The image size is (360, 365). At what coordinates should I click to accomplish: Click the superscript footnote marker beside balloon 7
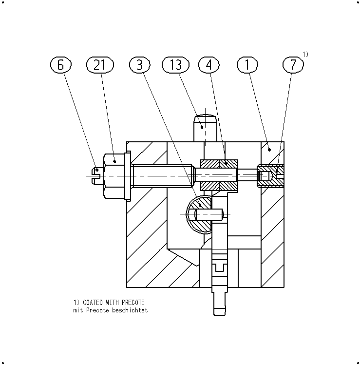pos(305,55)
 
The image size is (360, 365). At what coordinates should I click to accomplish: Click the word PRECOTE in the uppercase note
pos(133,303)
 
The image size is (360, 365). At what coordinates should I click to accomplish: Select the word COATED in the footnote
pos(93,303)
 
